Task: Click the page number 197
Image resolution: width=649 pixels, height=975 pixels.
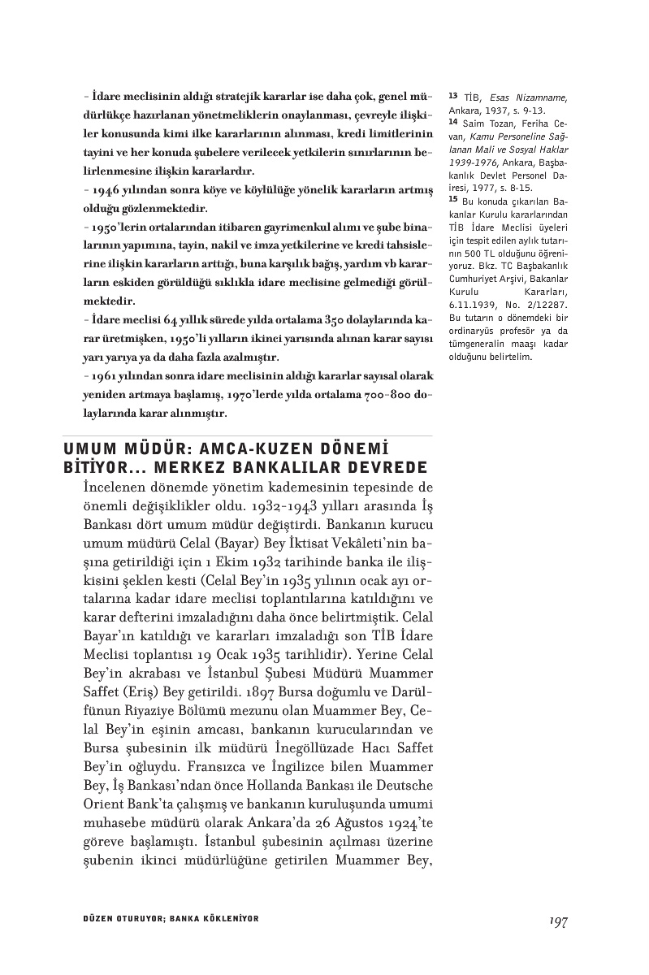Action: pos(556,921)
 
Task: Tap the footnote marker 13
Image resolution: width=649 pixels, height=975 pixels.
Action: pos(452,95)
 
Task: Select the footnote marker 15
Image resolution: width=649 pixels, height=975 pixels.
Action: pos(452,201)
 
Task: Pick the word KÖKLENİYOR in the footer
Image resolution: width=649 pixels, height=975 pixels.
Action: pos(223,918)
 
